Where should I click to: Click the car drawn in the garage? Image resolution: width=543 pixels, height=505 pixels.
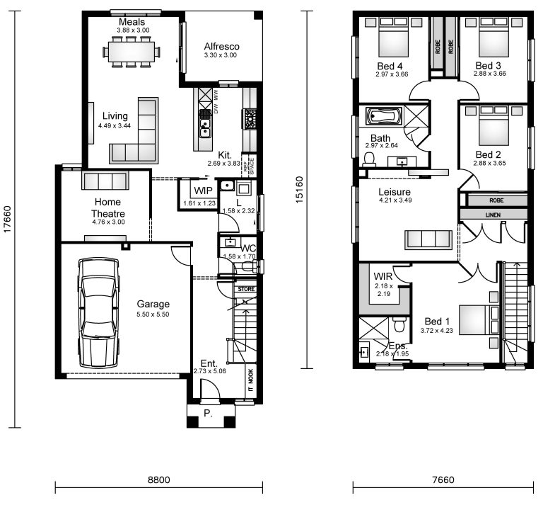click(x=100, y=309)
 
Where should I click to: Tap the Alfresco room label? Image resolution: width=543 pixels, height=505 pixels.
click(x=221, y=47)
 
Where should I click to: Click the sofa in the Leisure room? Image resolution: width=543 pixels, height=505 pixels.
click(x=427, y=239)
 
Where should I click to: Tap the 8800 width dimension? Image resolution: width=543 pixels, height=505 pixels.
click(x=158, y=480)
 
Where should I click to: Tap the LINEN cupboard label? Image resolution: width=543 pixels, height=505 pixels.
click(x=493, y=214)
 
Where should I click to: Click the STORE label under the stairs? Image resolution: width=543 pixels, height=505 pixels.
click(x=245, y=289)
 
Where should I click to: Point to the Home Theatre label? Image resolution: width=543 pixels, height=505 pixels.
click(x=107, y=208)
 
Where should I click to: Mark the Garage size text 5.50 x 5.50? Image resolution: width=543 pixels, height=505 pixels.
click(x=153, y=314)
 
